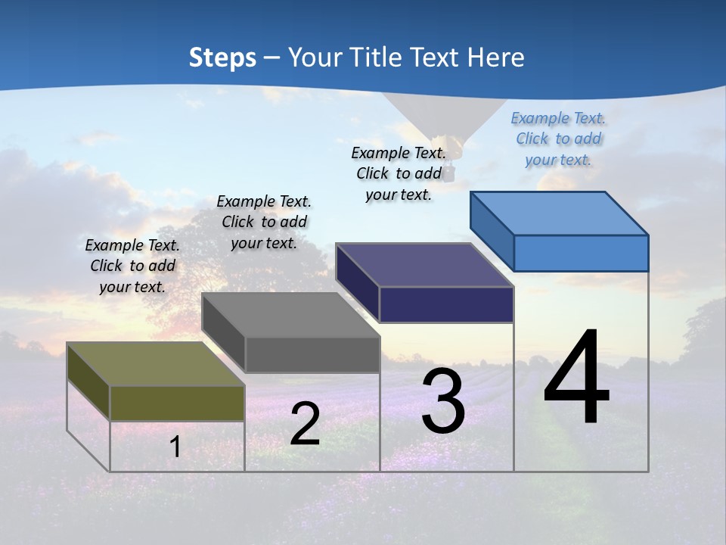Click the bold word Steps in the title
pyautogui.click(x=222, y=58)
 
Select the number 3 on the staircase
pyautogui.click(x=443, y=401)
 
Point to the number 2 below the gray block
pyautogui.click(x=305, y=424)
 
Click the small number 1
pyautogui.click(x=175, y=447)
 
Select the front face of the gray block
pyautogui.click(x=312, y=354)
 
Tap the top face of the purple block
pyautogui.click(x=423, y=265)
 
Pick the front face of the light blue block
pyautogui.click(x=581, y=253)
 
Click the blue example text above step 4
pyautogui.click(x=558, y=139)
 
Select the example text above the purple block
pyautogui.click(x=398, y=173)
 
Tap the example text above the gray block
pyautogui.click(x=264, y=222)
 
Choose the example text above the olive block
pyautogui.click(x=132, y=266)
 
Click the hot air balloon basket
pyautogui.click(x=448, y=175)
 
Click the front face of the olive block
pyautogui.click(x=177, y=403)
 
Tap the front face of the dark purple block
pyautogui.click(x=446, y=304)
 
